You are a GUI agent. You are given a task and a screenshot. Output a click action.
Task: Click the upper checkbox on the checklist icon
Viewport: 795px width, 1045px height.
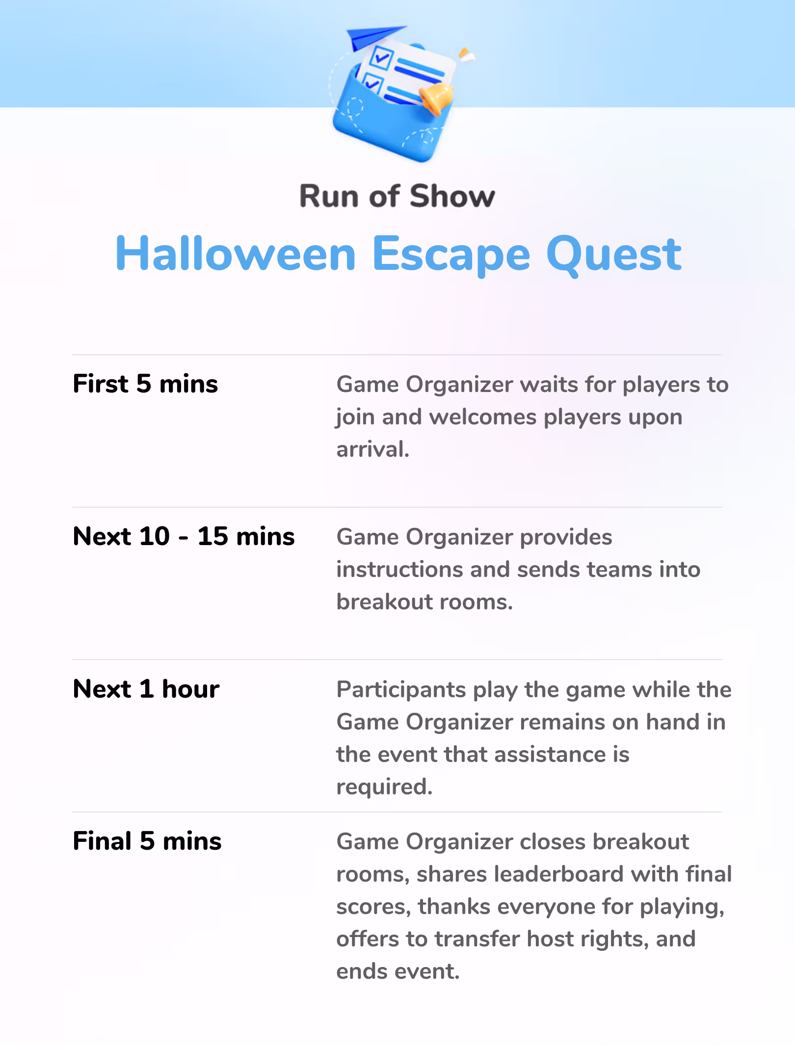[x=381, y=57]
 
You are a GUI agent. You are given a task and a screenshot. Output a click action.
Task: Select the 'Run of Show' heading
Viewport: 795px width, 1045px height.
[x=397, y=196]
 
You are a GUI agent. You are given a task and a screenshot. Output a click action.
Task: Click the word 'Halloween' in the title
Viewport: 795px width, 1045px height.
[x=236, y=254]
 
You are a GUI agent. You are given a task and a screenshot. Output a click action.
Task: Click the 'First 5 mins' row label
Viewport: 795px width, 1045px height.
[x=145, y=384]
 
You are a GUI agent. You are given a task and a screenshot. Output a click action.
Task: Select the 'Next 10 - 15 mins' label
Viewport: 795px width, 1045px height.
[x=184, y=536]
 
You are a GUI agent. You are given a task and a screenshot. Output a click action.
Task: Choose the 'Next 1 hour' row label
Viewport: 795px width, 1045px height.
[x=146, y=689]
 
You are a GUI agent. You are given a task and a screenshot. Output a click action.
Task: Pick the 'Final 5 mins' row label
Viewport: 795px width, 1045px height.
[x=147, y=841]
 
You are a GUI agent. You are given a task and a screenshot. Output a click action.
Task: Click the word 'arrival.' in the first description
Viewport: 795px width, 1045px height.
[x=373, y=449]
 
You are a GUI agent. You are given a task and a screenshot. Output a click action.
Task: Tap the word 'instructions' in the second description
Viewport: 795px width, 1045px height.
[x=399, y=570]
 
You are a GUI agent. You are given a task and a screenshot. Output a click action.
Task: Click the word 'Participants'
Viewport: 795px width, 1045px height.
[x=401, y=690]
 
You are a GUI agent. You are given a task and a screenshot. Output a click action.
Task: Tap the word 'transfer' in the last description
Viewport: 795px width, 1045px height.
[x=477, y=939]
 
